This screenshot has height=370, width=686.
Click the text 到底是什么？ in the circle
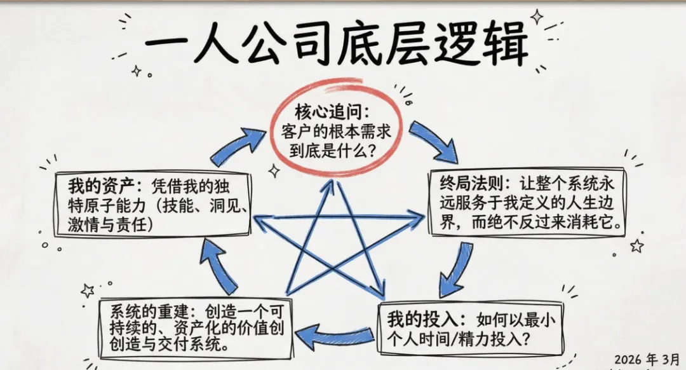tap(335, 151)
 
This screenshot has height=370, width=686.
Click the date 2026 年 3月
tap(646, 358)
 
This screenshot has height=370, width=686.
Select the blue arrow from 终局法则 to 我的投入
tap(456, 268)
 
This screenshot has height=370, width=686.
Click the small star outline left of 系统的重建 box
tap(87, 291)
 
